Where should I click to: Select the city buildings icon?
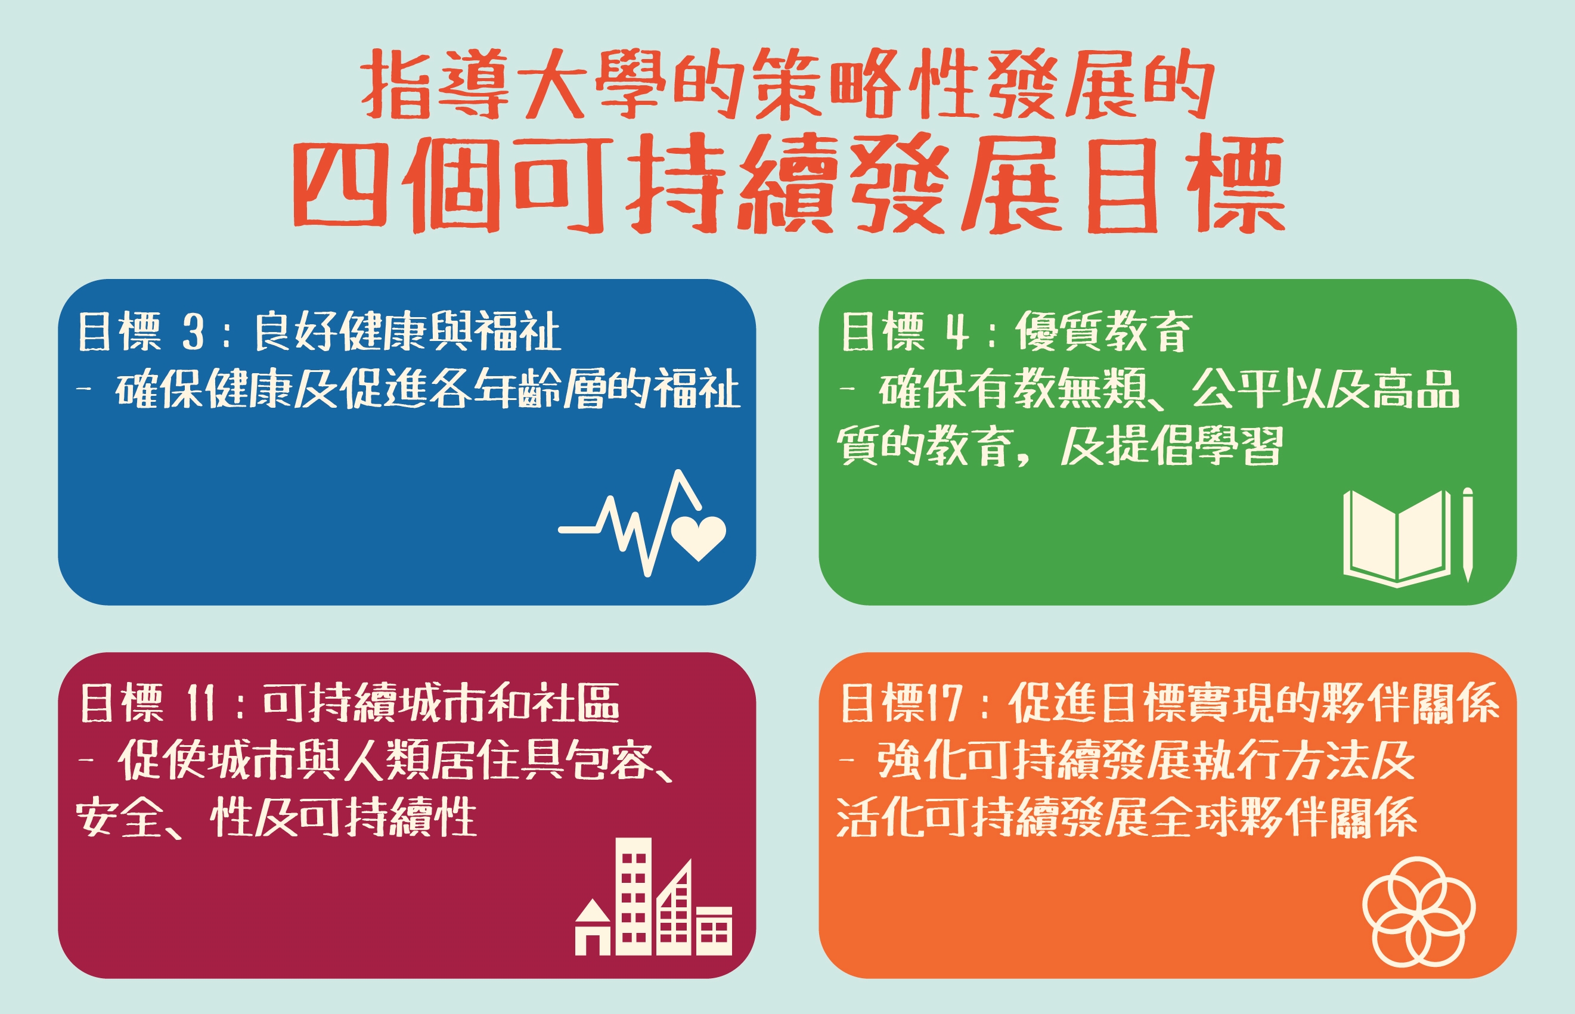click(x=654, y=896)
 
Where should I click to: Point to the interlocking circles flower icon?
click(x=1419, y=912)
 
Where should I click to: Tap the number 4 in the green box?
click(x=957, y=332)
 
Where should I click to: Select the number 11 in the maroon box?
click(x=201, y=703)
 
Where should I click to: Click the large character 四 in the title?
click(x=340, y=184)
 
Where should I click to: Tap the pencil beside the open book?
click(x=1468, y=535)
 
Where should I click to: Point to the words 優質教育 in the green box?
click(x=1103, y=332)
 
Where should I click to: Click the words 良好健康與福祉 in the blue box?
click(x=408, y=331)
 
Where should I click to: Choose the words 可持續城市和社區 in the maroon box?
click(x=441, y=703)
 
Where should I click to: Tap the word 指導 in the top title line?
click(x=435, y=84)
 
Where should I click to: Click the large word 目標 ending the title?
click(x=1186, y=184)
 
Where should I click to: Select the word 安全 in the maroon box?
click(x=119, y=817)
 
